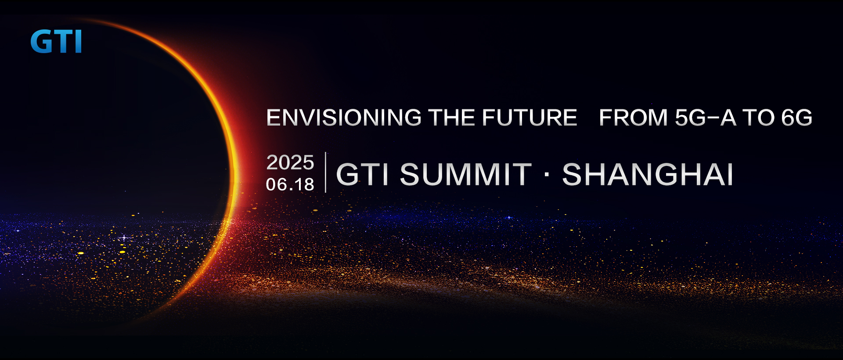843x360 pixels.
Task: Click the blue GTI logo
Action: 56,42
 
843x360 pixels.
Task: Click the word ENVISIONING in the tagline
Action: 344,118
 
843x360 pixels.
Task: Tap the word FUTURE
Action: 529,118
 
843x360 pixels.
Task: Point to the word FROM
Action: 634,118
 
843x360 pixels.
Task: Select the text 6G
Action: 797,118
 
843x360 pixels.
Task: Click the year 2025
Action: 290,162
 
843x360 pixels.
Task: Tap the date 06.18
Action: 290,184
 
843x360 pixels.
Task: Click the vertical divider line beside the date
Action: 325,172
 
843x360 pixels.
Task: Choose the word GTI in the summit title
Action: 362,174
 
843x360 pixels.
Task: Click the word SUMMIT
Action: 466,174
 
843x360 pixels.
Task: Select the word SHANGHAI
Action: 648,174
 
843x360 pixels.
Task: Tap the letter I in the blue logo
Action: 78,42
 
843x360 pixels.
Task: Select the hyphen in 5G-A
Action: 714,118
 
